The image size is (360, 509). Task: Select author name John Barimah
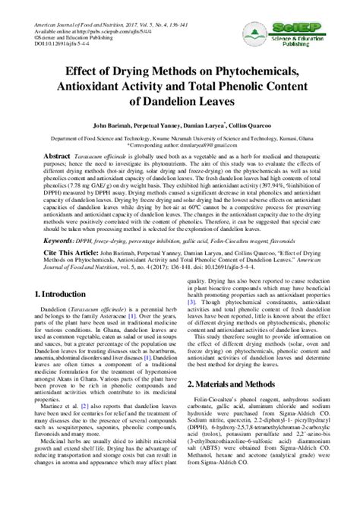[x=114, y=123]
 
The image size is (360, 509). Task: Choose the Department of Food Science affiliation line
[x=179, y=140]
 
